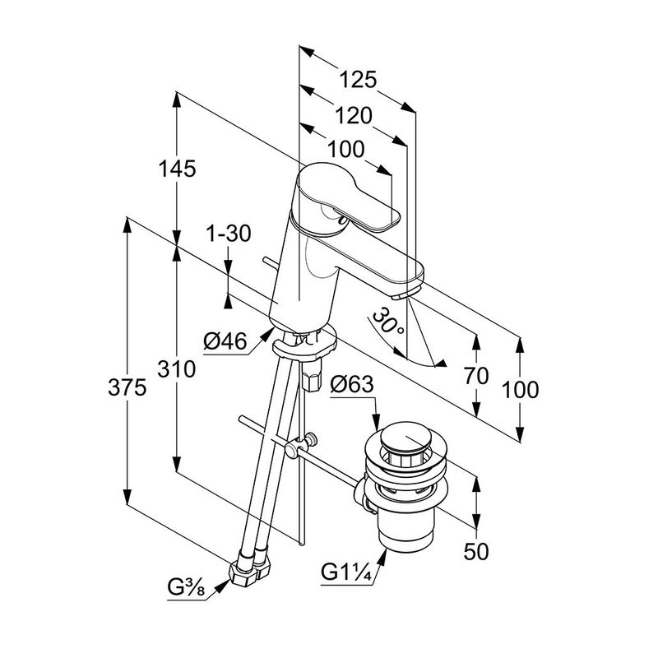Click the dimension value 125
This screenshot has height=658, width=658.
point(359,80)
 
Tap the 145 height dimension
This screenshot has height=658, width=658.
point(178,169)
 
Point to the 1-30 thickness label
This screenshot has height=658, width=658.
point(228,234)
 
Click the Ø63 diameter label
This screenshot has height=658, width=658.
point(352,384)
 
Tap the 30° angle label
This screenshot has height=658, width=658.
point(388,322)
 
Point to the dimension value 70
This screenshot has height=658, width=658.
point(476,377)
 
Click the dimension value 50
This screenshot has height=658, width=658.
point(476,552)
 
